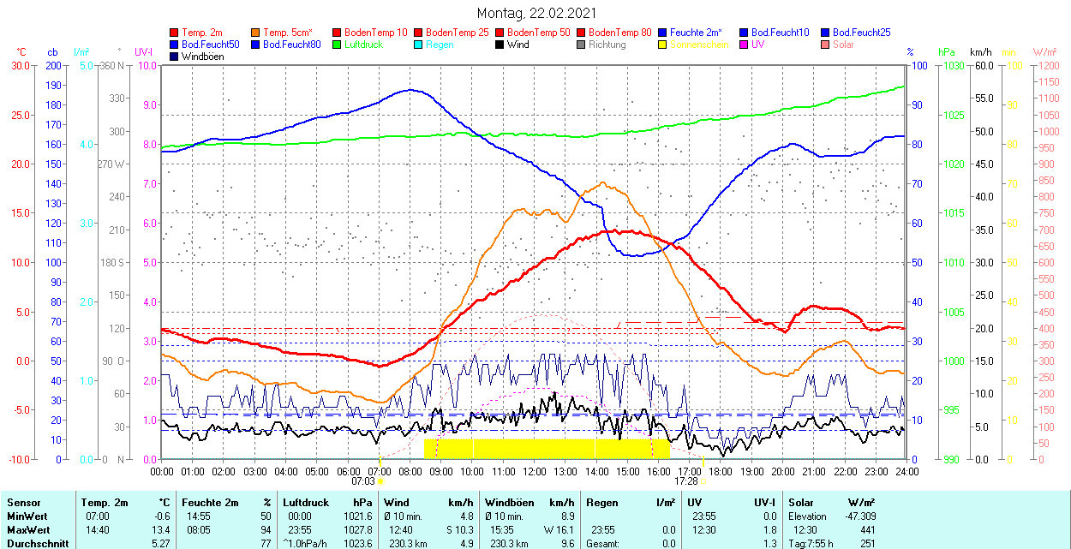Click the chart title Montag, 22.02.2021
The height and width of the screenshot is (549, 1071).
(x=536, y=14)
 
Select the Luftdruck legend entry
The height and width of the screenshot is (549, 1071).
(x=365, y=45)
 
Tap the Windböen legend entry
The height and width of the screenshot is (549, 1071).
(x=202, y=57)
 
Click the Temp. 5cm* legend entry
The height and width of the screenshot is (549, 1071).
(x=287, y=33)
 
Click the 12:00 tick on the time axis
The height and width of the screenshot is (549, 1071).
(x=534, y=471)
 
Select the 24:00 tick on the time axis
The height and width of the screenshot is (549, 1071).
(x=906, y=471)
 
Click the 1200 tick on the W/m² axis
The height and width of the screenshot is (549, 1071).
(x=1047, y=66)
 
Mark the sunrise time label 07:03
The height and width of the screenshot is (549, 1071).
(x=363, y=481)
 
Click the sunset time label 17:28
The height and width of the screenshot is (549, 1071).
(x=686, y=481)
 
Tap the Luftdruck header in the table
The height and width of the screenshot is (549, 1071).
(x=306, y=503)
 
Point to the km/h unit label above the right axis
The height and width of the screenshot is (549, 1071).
(x=981, y=52)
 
